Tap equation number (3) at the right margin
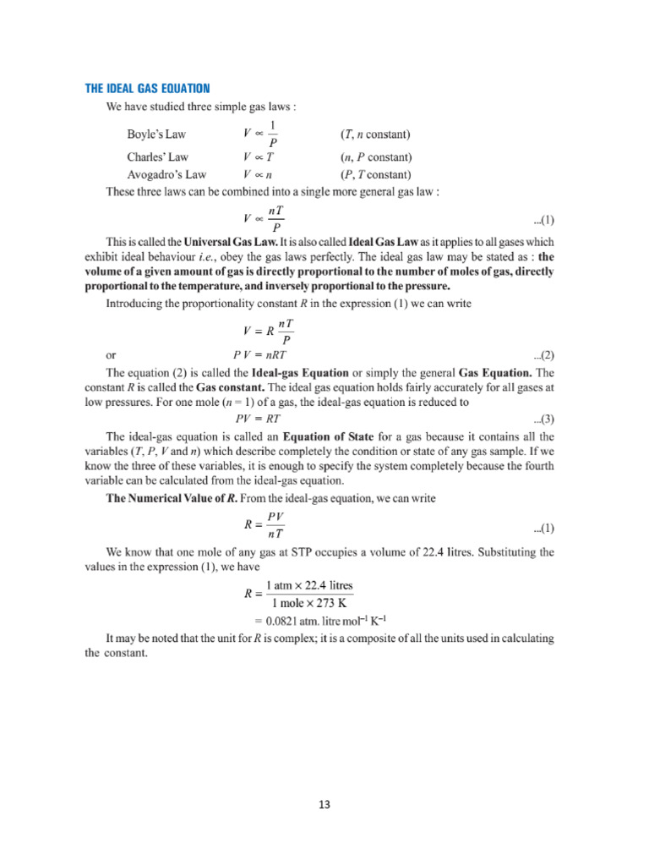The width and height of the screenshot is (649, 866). [543, 419]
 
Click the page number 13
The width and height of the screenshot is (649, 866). [324, 803]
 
